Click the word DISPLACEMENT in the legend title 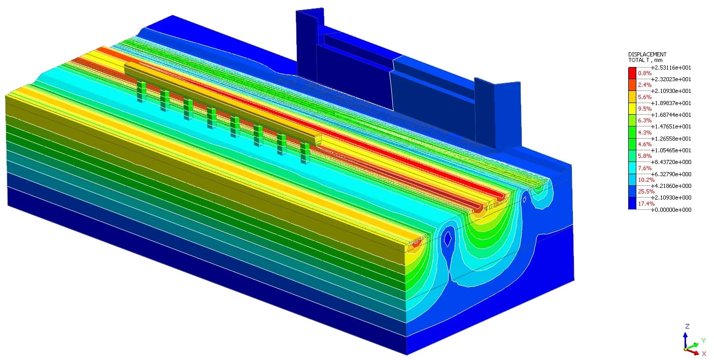647,54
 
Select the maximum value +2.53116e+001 671,68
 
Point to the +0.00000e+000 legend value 671,210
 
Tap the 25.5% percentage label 646,191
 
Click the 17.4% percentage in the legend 646,204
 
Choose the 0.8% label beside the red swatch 644,73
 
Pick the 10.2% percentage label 646,180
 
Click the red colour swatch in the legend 632,73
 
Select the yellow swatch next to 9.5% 632,109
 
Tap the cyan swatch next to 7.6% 632,168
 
